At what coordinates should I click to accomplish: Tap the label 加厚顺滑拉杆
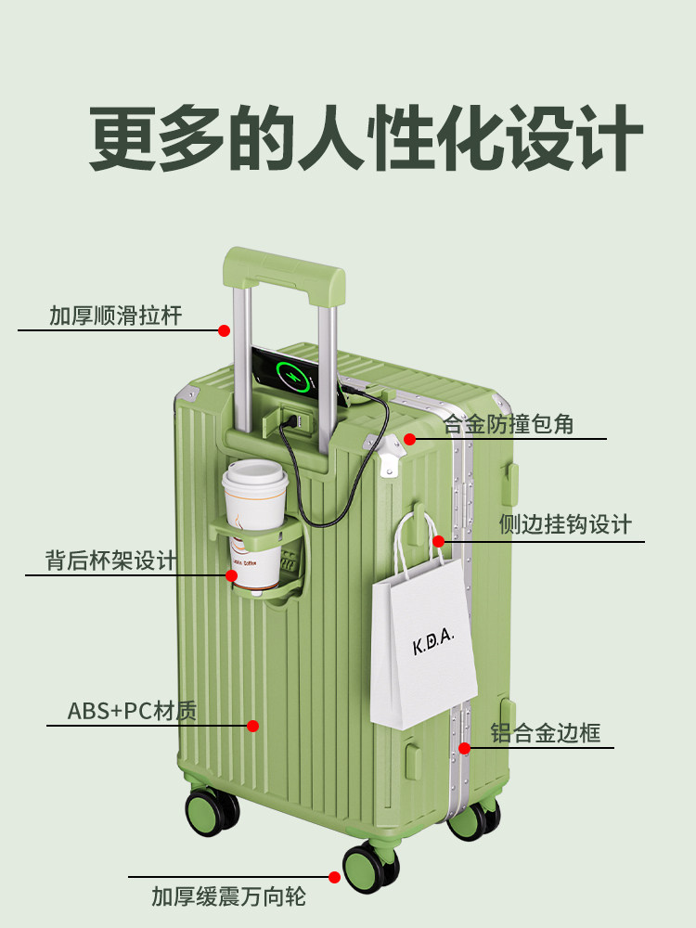coord(116,316)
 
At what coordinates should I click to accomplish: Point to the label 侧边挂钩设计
coord(565,524)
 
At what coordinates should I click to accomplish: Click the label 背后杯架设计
coord(111,561)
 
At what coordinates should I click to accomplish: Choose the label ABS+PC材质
coord(133,712)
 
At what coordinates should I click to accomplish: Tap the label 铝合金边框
coord(546,733)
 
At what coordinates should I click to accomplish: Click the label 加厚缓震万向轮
coord(228,896)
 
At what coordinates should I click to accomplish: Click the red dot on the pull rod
coord(224,330)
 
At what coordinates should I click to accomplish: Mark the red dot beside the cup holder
coord(231,575)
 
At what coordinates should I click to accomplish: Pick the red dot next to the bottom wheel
coord(335,876)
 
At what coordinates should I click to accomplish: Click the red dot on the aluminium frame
coord(464,747)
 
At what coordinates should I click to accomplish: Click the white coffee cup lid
coord(251,473)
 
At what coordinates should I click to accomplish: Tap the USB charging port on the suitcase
coord(294,420)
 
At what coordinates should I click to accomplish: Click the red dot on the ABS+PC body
coord(252,726)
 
